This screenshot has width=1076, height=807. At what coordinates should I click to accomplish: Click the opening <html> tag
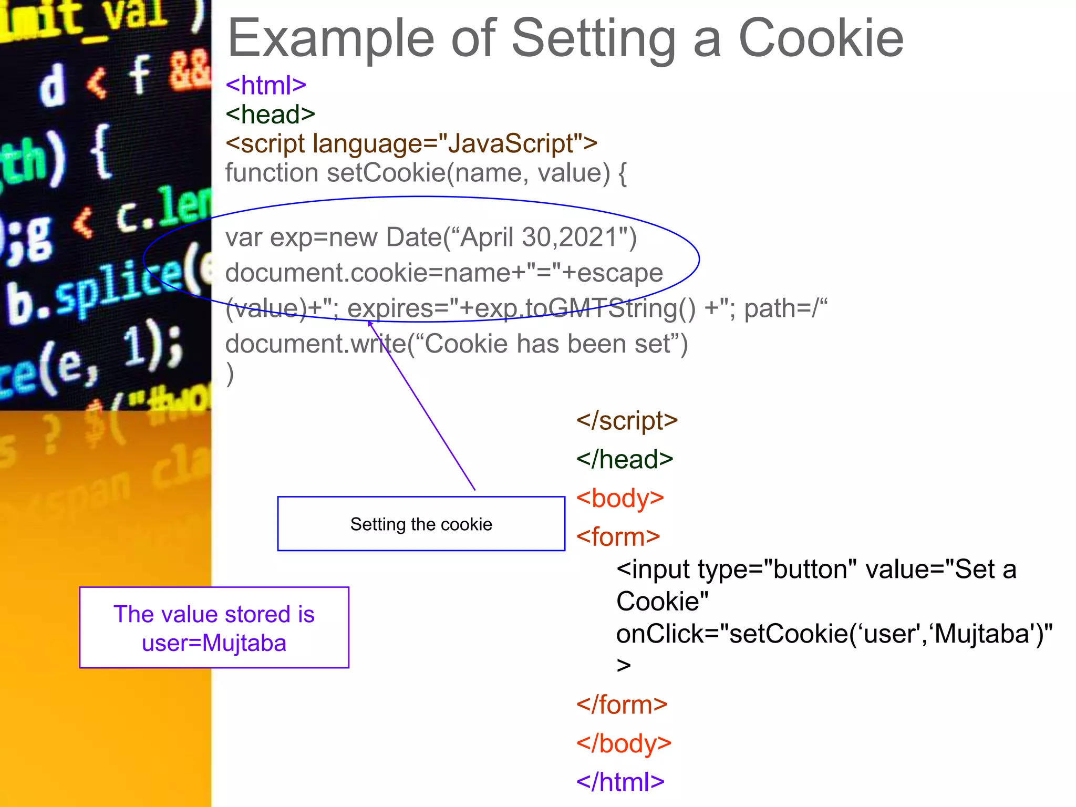point(266,85)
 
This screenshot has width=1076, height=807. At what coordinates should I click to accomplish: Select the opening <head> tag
point(270,114)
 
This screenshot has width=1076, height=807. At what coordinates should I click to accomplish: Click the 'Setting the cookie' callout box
point(421,524)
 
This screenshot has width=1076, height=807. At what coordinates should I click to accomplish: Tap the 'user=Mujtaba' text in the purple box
point(214,643)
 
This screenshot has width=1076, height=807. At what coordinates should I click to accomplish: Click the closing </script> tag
point(627,421)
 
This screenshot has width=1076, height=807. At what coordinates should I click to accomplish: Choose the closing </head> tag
point(625,459)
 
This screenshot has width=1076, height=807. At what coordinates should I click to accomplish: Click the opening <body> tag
point(620,498)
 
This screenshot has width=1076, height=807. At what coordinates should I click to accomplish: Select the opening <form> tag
point(618,537)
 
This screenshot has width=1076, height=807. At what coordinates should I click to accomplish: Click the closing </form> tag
point(622,705)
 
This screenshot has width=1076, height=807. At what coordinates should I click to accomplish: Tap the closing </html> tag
point(620,782)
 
